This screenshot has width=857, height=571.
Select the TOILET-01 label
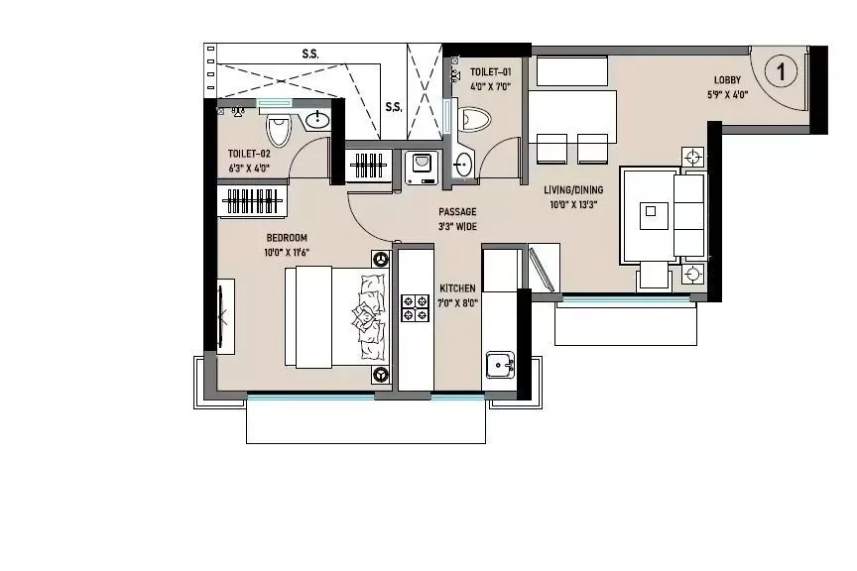point(491,72)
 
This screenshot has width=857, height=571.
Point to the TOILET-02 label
point(249,154)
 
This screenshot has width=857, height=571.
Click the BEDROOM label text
point(287,238)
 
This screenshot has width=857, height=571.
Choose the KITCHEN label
point(458,287)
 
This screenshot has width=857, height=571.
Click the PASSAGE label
point(458,212)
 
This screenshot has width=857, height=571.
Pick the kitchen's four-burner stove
point(414,308)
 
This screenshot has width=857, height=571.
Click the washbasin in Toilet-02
point(316,122)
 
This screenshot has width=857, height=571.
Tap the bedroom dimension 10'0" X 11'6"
point(287,253)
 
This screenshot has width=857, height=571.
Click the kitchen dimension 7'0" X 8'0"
point(458,303)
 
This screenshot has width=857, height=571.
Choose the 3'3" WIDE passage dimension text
point(458,227)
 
